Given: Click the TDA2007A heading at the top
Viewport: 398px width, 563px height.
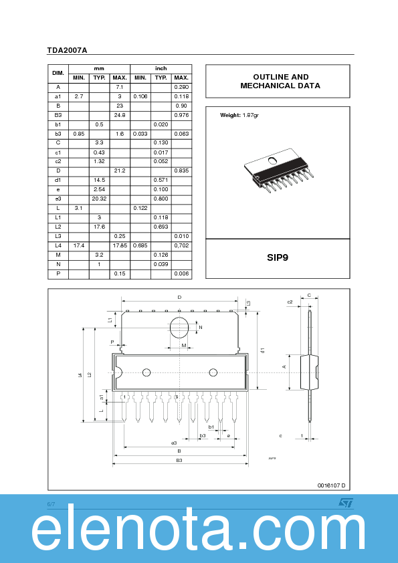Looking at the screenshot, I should point(67,50).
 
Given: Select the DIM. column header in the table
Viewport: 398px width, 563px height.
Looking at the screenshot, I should point(58,73).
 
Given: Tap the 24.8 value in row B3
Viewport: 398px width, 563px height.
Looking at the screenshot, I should point(120,115).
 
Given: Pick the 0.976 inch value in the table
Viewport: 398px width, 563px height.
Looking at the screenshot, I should point(181,115).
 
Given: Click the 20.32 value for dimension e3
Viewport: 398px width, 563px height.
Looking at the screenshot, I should point(99,199).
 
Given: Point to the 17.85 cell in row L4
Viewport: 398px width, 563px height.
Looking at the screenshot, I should point(120,246).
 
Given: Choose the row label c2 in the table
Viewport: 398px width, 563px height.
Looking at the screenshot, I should point(58,161).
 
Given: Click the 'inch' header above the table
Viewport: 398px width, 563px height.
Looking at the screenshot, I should point(161,69).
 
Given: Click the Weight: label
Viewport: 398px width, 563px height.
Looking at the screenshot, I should point(230,116).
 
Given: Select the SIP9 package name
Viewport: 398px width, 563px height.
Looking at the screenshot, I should point(277,257).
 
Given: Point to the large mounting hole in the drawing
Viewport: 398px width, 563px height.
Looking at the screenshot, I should point(179,328).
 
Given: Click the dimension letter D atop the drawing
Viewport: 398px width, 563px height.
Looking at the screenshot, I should point(179,297).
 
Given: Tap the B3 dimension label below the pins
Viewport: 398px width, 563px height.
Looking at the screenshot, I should point(179,461).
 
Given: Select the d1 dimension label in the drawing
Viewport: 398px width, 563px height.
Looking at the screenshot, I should point(263,350).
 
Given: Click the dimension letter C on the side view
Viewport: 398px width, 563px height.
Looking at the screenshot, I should point(309,295).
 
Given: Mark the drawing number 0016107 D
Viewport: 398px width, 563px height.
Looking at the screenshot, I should point(331,485).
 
